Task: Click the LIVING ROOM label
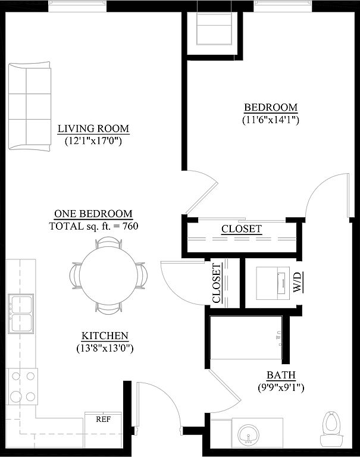[93, 129]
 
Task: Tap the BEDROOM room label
[271, 107]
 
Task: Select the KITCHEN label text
[105, 336]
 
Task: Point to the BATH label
[281, 375]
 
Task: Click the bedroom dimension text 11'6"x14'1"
[271, 120]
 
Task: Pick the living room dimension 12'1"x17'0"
[93, 141]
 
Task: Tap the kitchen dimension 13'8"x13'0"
[105, 348]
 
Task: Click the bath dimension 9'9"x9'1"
[281, 387]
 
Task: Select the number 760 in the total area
[130, 226]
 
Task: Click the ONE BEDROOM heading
[93, 214]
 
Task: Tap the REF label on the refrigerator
[104, 419]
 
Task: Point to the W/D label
[297, 282]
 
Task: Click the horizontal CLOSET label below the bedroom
[242, 228]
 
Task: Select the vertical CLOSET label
[217, 283]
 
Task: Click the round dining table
[108, 275]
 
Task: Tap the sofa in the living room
[30, 106]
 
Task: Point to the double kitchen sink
[21, 314]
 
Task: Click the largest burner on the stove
[15, 396]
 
